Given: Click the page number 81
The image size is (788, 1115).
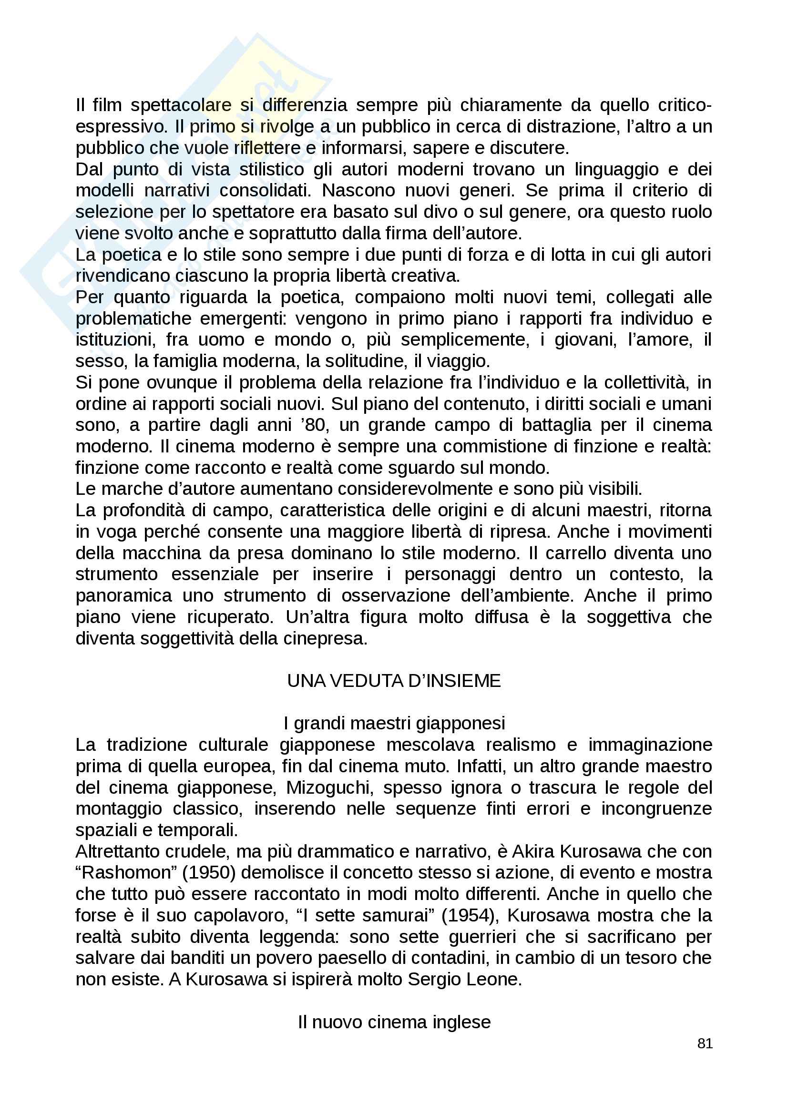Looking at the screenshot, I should tap(705, 1043).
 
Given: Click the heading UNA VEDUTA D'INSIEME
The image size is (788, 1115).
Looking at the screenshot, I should tap(394, 681).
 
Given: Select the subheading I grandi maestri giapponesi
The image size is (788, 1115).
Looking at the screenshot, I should tap(394, 723).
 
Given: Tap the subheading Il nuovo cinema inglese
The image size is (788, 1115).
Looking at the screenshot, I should tap(394, 1022).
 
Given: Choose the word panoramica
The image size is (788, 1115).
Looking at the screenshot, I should tap(124, 595).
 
